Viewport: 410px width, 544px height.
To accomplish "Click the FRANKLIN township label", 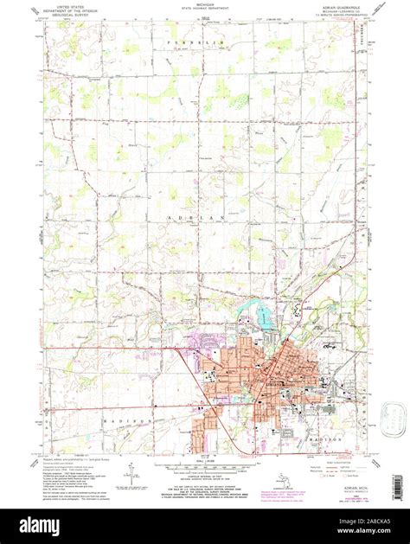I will [x=205, y=40].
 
